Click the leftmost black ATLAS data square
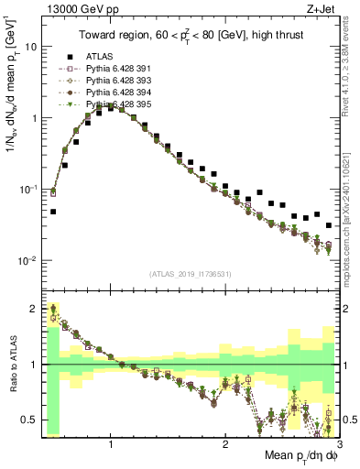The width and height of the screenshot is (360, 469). pos(53,212)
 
